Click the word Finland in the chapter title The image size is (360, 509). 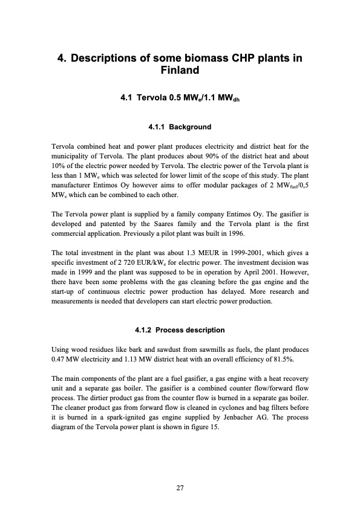[180, 71]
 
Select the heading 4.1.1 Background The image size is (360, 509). [180, 127]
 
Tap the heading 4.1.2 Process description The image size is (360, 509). [180, 330]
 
